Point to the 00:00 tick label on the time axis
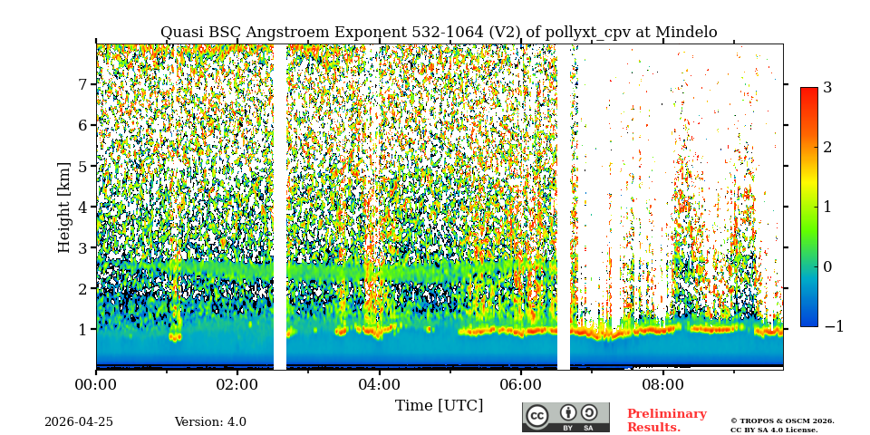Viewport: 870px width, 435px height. (x=96, y=384)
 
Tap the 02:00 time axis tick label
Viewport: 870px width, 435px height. (x=237, y=384)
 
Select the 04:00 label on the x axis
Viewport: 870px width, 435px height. (x=379, y=384)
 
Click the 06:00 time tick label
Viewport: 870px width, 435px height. (x=521, y=384)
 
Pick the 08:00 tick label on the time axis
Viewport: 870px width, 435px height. (x=662, y=384)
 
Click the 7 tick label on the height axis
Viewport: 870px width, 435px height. (x=82, y=84)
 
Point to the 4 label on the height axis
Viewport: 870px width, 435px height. (x=82, y=207)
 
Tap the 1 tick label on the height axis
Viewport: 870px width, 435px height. (x=82, y=330)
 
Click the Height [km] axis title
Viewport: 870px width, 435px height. (x=64, y=207)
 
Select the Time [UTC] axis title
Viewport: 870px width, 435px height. (x=439, y=405)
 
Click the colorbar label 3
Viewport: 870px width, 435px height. (x=827, y=88)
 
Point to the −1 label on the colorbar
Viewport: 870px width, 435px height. (x=833, y=326)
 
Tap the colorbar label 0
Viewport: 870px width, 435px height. (x=827, y=266)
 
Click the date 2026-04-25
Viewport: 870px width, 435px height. (x=79, y=422)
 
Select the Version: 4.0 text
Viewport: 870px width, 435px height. (x=210, y=422)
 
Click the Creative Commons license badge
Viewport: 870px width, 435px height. (x=565, y=417)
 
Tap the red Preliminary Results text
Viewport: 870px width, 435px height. (x=666, y=420)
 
